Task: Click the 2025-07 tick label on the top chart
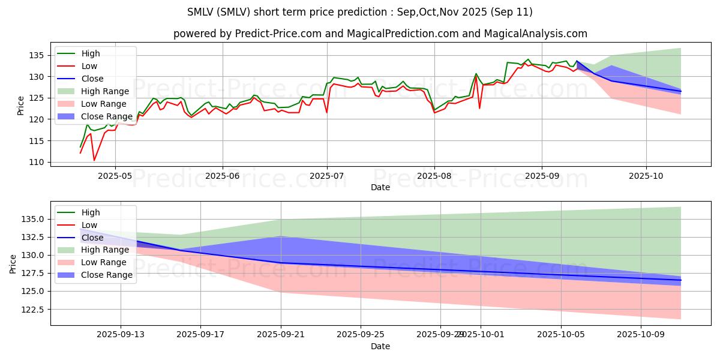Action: pyautogui.click(x=327, y=176)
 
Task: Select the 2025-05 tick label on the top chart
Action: pyautogui.click(x=116, y=176)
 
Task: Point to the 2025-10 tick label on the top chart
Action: pyautogui.click(x=646, y=176)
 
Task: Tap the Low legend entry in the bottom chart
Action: pyautogui.click(x=89, y=225)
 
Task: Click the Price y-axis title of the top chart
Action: pyautogui.click(x=20, y=106)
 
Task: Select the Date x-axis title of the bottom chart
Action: pyautogui.click(x=380, y=346)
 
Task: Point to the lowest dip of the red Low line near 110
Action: pyautogui.click(x=94, y=160)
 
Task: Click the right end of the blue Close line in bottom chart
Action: pyautogui.click(x=681, y=280)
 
